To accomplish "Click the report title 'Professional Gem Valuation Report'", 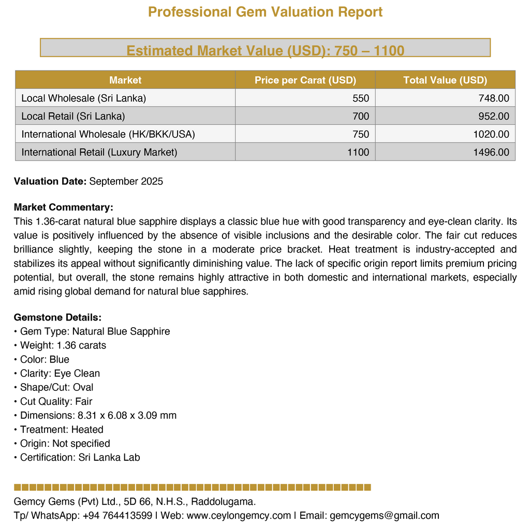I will coord(265,12).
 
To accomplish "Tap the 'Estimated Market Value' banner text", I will coord(265,50).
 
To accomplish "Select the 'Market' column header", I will coord(125,80).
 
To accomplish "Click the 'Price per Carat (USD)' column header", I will coord(305,80).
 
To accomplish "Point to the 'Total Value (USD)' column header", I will coord(445,80).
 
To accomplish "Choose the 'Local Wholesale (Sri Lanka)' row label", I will coord(83,98).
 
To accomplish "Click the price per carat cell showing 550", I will coord(361,98).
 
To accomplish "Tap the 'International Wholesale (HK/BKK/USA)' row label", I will coord(108,134).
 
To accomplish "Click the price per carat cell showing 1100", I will coord(358,152).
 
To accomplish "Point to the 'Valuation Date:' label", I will coord(50,181).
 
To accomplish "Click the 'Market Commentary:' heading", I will coord(63,208).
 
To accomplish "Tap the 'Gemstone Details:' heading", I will coord(57,317).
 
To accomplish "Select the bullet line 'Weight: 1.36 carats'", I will coord(63,345).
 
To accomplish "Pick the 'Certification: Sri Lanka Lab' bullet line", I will coord(80,457).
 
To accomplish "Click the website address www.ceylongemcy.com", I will coord(239,515).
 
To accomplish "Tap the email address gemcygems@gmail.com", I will coord(384,515).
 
